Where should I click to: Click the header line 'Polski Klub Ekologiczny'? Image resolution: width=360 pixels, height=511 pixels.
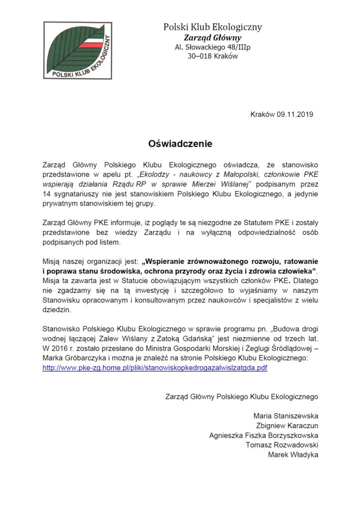[212, 27]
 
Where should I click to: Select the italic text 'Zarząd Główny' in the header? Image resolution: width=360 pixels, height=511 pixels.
[212, 38]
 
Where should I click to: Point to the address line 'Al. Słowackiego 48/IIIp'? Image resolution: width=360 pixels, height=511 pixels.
[212, 47]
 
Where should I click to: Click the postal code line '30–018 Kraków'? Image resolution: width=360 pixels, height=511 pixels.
[212, 56]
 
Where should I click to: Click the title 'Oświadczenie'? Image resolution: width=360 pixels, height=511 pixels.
[180, 144]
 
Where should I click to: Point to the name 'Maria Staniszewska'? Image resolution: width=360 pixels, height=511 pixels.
[286, 416]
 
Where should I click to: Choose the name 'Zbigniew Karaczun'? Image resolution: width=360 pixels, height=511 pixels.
[287, 425]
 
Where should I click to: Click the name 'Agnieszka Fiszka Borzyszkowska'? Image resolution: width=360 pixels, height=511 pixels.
[264, 435]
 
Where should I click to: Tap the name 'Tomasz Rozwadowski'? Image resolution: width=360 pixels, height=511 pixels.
[282, 445]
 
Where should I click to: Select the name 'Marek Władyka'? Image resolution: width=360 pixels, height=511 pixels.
[293, 455]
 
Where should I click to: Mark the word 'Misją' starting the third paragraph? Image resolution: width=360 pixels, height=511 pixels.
[52, 261]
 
